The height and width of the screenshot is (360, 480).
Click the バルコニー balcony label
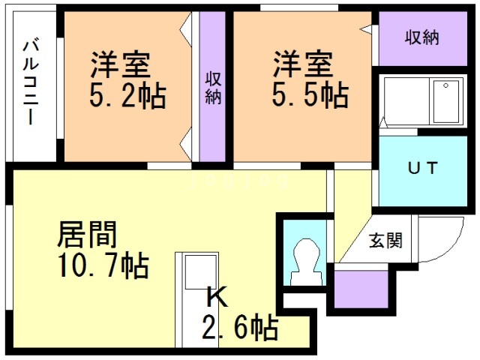coord(31,82)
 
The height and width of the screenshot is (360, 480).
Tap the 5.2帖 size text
coord(127,96)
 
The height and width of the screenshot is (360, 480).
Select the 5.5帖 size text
coord(310,94)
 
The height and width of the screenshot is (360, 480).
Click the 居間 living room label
coord(87,234)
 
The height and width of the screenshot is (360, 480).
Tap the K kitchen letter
coord(217,296)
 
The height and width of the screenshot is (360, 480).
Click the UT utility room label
coord(422,168)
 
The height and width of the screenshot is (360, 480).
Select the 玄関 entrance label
coord(385,240)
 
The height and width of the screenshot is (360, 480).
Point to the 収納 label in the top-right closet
coord(422,38)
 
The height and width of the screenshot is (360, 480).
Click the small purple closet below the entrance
coord(361,289)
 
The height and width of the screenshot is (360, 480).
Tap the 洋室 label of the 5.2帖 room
coord(120,65)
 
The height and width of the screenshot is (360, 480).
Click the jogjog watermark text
coord(239,181)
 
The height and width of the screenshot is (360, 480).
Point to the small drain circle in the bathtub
coord(446,85)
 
